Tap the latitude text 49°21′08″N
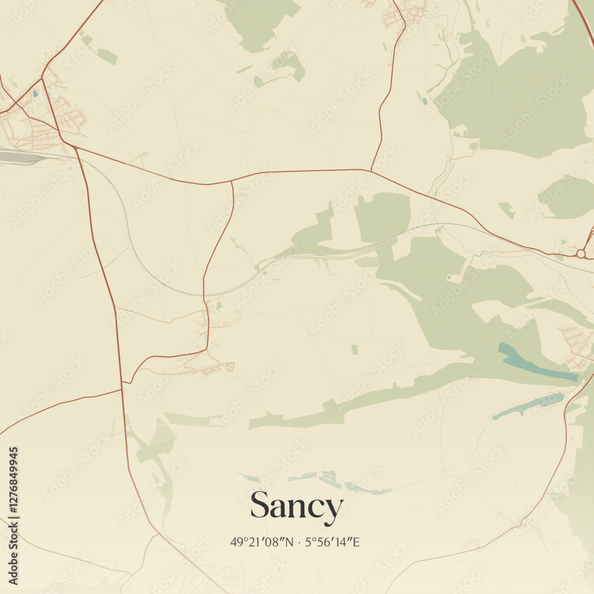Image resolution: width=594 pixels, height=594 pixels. pos(262,542)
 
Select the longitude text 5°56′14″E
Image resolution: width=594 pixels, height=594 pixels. pos(333,542)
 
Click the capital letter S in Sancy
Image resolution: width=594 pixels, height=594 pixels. pos(260,505)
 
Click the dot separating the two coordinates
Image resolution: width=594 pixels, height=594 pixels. pos(299,542)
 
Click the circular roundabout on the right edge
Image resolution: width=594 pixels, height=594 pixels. pos(580,254)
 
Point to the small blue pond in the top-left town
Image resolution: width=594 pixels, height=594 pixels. pos(35,93)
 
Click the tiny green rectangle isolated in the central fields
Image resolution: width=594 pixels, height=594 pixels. pos(355,349)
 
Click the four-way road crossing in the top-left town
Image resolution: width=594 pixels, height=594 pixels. pos(42,78)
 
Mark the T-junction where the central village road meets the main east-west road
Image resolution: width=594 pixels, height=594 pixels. pos(232,182)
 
